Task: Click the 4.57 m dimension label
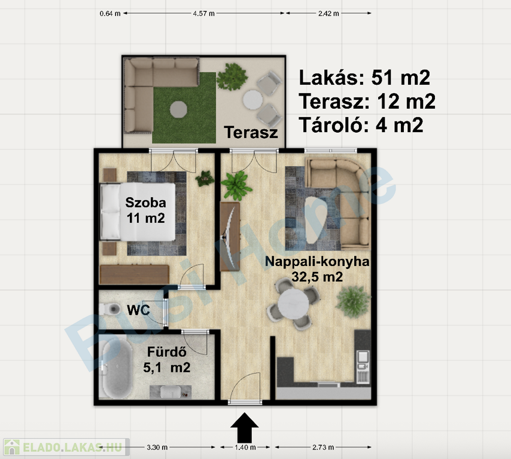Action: point(203,14)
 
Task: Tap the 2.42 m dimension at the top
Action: point(328,14)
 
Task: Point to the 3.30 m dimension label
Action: point(157,447)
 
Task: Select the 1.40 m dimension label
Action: point(245,447)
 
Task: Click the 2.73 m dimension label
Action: point(323,447)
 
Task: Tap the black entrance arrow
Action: point(244,426)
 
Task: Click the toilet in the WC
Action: point(109,308)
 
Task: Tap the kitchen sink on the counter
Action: point(363,357)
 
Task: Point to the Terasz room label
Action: point(251,133)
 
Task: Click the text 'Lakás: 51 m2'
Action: point(364,78)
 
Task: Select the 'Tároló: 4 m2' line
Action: point(361,125)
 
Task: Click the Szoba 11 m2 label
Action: point(145,210)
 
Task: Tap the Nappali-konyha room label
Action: point(317,269)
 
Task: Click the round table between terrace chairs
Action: point(253,99)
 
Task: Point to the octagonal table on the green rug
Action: point(178,109)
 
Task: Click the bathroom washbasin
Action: point(171,391)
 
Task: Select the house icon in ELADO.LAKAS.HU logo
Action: point(12,447)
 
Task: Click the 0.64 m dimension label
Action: point(110,14)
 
